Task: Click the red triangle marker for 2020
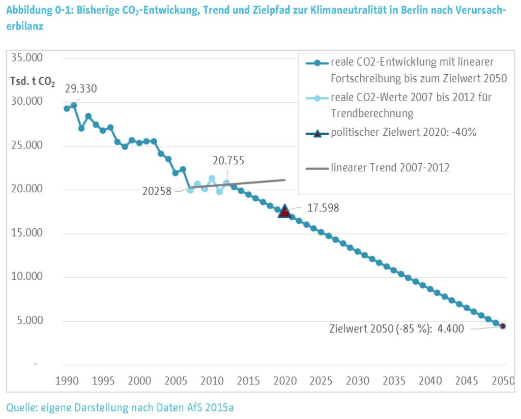[284, 211]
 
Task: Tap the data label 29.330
[81, 88]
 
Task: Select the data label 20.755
[228, 161]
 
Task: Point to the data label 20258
[157, 192]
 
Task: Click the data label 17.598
[323, 208]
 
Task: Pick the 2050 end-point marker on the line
[503, 326]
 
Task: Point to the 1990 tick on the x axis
[67, 381]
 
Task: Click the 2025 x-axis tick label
[321, 381]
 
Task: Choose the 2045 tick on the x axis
[467, 381]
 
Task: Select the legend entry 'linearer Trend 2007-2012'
[390, 167]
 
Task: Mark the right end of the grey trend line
[284, 180]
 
